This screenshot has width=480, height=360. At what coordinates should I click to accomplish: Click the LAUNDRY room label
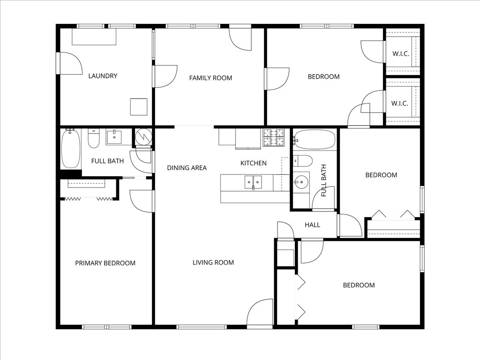point(103,76)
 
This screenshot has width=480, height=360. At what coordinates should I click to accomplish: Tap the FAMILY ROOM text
point(210,78)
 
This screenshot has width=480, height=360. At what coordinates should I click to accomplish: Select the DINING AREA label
point(187,168)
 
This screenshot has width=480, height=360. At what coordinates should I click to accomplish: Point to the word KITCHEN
point(253,163)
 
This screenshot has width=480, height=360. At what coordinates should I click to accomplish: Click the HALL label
point(312,225)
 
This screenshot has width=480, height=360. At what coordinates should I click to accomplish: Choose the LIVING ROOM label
point(213,262)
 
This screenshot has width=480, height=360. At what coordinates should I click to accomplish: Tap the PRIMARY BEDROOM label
point(105,263)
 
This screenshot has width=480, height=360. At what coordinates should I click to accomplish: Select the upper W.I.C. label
point(400,53)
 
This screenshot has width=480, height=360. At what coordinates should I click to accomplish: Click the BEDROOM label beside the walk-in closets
point(323,76)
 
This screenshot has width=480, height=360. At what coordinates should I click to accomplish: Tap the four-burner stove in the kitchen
point(273,137)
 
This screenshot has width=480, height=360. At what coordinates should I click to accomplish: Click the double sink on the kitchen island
point(253,182)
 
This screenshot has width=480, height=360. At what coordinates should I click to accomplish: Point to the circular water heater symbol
point(143,137)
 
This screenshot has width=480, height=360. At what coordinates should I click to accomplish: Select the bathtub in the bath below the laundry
point(71,149)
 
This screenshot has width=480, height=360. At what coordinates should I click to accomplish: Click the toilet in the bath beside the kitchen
point(302,161)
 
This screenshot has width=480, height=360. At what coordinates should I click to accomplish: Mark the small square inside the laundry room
point(139,107)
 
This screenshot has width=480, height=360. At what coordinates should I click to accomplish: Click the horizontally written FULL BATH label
point(107,161)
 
